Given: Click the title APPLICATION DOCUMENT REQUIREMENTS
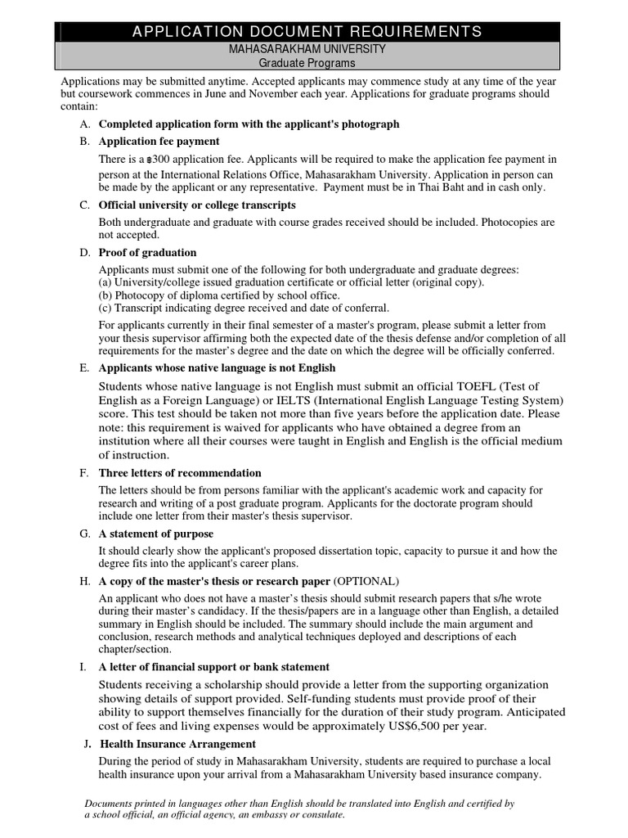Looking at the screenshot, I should click(307, 32).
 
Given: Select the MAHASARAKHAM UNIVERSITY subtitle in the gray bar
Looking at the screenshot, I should click(307, 49).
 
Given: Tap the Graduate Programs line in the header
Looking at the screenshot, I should click(307, 62).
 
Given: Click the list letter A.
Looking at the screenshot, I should click(84, 124).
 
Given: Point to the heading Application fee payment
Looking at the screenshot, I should click(159, 142).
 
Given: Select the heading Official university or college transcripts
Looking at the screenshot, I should click(197, 205).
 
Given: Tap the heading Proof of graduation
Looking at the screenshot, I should click(147, 253).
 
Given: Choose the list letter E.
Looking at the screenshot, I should click(84, 368).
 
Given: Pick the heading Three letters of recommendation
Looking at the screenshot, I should click(180, 473).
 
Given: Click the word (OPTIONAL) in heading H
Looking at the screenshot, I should click(366, 582).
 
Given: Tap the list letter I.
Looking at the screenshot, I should click(83, 668).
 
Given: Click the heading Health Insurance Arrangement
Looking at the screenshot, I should click(177, 745).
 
